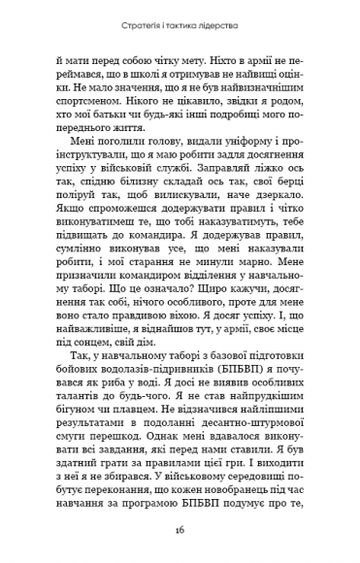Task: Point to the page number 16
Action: click(x=180, y=532)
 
